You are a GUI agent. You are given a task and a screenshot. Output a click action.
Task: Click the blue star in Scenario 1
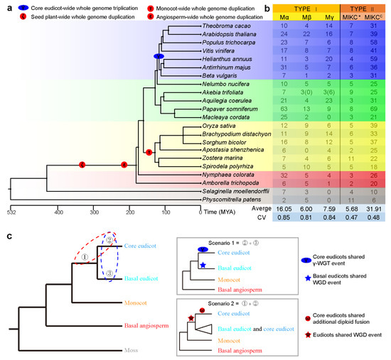(x=203, y=265)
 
